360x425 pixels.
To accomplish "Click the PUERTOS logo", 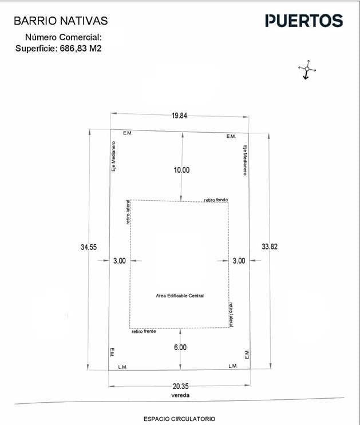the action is (304, 21).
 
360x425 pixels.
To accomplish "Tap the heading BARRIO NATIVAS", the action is (61, 21).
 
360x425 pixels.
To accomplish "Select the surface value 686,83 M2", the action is (81, 49).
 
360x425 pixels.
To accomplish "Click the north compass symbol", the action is (307, 70).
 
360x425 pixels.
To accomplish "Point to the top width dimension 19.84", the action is (179, 116).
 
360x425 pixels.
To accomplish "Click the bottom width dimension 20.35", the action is (180, 386).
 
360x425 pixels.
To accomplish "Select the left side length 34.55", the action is (89, 247).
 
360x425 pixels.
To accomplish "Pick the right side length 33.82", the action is (270, 247).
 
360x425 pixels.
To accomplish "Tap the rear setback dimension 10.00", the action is (181, 170).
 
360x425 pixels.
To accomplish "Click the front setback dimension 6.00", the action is (180, 347).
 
